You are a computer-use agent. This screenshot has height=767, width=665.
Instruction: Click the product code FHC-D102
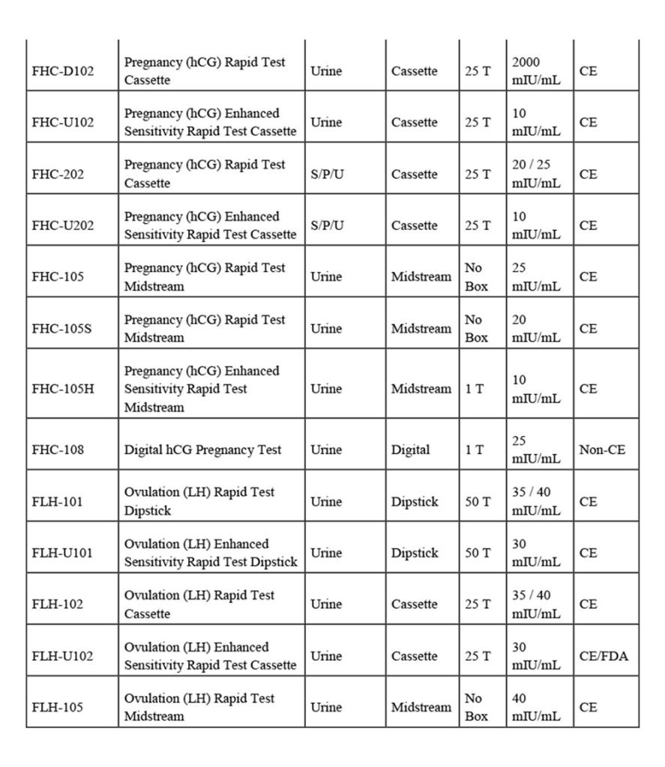click(x=63, y=71)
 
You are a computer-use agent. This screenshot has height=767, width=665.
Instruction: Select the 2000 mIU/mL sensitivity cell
click(x=535, y=71)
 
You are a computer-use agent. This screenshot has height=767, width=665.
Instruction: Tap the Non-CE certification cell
click(x=602, y=449)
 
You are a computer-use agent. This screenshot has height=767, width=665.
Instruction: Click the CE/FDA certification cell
click(x=604, y=656)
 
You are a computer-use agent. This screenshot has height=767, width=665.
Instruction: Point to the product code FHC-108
click(x=58, y=449)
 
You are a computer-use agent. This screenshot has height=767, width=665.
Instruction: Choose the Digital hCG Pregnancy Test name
click(x=202, y=449)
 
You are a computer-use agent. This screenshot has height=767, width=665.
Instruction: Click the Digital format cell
click(x=411, y=449)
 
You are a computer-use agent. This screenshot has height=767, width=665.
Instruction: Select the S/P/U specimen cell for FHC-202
click(x=327, y=175)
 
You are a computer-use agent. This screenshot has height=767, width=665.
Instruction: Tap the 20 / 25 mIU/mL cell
click(x=535, y=175)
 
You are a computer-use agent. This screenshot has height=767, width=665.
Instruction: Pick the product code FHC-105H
click(x=63, y=389)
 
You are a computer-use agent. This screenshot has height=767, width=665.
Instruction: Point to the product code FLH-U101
click(x=63, y=553)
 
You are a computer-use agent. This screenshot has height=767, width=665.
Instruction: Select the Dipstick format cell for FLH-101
click(x=415, y=502)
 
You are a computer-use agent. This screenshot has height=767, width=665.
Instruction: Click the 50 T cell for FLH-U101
click(x=478, y=553)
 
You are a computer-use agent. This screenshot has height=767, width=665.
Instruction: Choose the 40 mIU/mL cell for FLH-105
click(x=535, y=707)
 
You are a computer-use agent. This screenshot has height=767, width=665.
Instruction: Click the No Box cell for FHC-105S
click(x=476, y=329)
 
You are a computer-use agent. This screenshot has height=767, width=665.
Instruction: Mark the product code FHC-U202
click(x=63, y=225)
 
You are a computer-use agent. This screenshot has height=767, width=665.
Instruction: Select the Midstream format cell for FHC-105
click(x=421, y=276)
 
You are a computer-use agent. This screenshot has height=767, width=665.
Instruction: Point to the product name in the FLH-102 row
click(x=199, y=604)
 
